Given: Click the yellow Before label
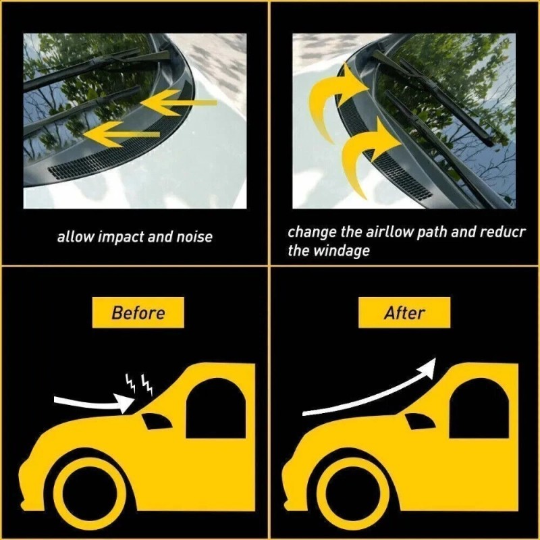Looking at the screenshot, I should tap(138, 313).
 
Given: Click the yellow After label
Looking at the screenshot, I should tap(404, 313).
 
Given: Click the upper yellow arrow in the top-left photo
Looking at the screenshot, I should tap(179, 103).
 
